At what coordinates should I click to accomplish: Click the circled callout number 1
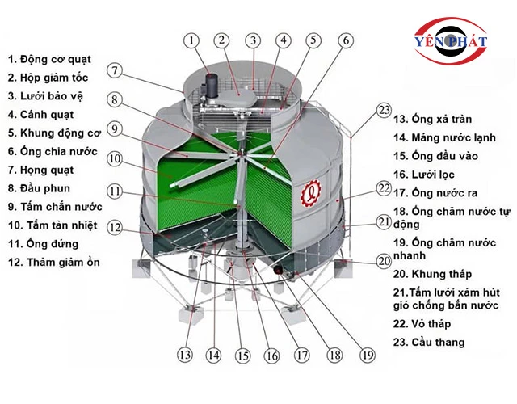click(x=191, y=40)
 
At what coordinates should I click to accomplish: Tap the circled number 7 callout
click(x=115, y=70)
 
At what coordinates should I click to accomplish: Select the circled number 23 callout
click(x=385, y=110)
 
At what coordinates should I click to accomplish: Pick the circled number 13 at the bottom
click(x=185, y=355)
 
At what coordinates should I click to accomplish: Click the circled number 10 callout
click(x=115, y=159)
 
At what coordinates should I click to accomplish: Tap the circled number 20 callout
click(x=385, y=261)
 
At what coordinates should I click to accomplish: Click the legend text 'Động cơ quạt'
click(x=55, y=59)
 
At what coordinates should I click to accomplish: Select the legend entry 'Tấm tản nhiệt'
click(x=61, y=225)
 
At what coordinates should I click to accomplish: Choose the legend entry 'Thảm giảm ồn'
click(x=63, y=263)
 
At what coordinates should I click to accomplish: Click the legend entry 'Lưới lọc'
click(x=433, y=175)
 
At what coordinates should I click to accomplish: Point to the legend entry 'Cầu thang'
click(x=438, y=343)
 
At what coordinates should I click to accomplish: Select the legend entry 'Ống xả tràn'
click(x=442, y=119)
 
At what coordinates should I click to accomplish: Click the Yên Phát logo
click(x=451, y=41)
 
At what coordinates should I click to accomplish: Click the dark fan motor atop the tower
click(x=212, y=85)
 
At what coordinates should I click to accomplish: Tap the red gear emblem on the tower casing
click(x=310, y=194)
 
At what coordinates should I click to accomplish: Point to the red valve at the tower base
click(x=278, y=270)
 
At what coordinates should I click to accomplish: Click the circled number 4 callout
click(x=284, y=40)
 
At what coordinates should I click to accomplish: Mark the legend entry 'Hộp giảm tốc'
click(x=54, y=78)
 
